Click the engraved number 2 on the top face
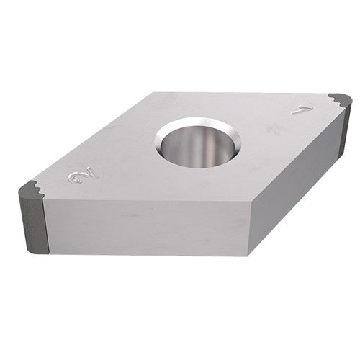click(76, 176)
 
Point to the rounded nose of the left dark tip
click(21, 193)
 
